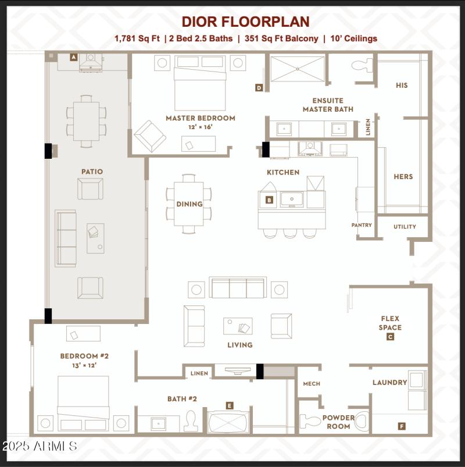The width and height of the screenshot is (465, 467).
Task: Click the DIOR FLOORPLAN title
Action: pyautogui.click(x=245, y=22)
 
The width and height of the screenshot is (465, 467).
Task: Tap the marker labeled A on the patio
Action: pyautogui.click(x=74, y=57)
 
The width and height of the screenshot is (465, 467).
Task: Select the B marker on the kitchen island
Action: pyautogui.click(x=269, y=200)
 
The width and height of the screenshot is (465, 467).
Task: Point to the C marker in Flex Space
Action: pyautogui.click(x=390, y=336)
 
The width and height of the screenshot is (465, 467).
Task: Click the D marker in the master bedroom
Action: pyautogui.click(x=259, y=88)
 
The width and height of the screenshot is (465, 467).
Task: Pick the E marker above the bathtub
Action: pyautogui.click(x=230, y=405)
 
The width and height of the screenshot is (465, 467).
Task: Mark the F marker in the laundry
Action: pyautogui.click(x=402, y=426)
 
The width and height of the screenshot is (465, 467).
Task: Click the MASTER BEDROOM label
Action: pyautogui.click(x=200, y=118)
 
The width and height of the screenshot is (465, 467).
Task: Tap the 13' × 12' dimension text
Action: pyautogui.click(x=84, y=366)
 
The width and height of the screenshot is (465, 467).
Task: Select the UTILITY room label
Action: pyautogui.click(x=405, y=227)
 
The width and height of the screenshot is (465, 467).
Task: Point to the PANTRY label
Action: pyautogui.click(x=362, y=225)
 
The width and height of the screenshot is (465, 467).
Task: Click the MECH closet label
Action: pyautogui.click(x=312, y=384)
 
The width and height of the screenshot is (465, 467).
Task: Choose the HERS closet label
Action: pyautogui.click(x=403, y=177)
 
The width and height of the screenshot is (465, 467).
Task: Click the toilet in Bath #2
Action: pyautogui.click(x=191, y=420)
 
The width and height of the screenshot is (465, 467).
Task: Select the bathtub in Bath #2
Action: pyautogui.click(x=228, y=422)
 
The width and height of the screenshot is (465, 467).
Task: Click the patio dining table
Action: pyautogui.click(x=86, y=120)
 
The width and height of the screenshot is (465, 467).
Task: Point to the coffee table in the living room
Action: pyautogui.click(x=238, y=326)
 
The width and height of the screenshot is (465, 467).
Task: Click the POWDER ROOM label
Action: pyautogui.click(x=338, y=422)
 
